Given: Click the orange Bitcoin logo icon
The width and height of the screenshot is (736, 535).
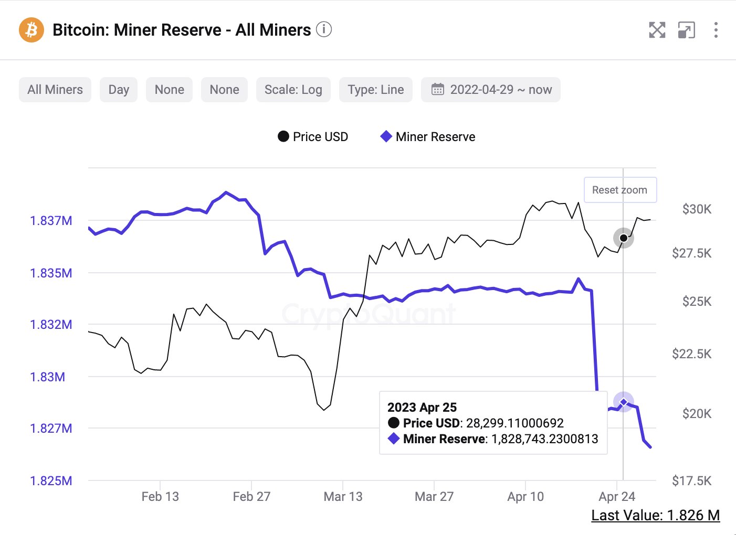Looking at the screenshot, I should tap(31, 30).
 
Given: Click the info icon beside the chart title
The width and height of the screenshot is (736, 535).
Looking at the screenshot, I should tap(324, 29).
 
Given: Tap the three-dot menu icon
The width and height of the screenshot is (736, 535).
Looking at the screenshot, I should tap(716, 30).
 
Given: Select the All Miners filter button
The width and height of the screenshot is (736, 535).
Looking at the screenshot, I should tap(55, 90).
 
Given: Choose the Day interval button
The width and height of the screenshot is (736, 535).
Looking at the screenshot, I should tap(119, 90).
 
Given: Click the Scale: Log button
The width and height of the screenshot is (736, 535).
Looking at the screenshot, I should tap(293, 90).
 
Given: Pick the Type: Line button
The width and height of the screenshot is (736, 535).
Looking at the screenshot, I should tap(376, 90).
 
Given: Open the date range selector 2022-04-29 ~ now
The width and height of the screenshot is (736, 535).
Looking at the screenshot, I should tap(491, 90).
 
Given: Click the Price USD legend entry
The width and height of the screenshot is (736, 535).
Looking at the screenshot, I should tap(313, 137).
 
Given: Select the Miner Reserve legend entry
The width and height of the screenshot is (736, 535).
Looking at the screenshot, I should tap(428, 137).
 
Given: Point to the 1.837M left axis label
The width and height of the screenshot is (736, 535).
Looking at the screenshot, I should tap(51, 221).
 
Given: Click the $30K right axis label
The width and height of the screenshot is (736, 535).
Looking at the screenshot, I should tap(697, 209).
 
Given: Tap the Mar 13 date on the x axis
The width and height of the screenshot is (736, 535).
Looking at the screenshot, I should tap(343, 497).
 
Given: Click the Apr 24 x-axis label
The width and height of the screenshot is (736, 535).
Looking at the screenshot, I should tap(617, 497).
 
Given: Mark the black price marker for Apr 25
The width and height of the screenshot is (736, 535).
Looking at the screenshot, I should tap(624, 238).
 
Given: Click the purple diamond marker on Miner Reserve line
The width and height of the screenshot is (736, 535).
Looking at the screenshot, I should tap(624, 402).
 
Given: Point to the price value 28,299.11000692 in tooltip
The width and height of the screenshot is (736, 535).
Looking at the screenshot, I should tap(514, 423).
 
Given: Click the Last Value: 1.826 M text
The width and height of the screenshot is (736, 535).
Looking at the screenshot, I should tap(655, 516).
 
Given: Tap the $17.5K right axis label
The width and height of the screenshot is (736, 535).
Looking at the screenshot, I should tap(691, 481).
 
